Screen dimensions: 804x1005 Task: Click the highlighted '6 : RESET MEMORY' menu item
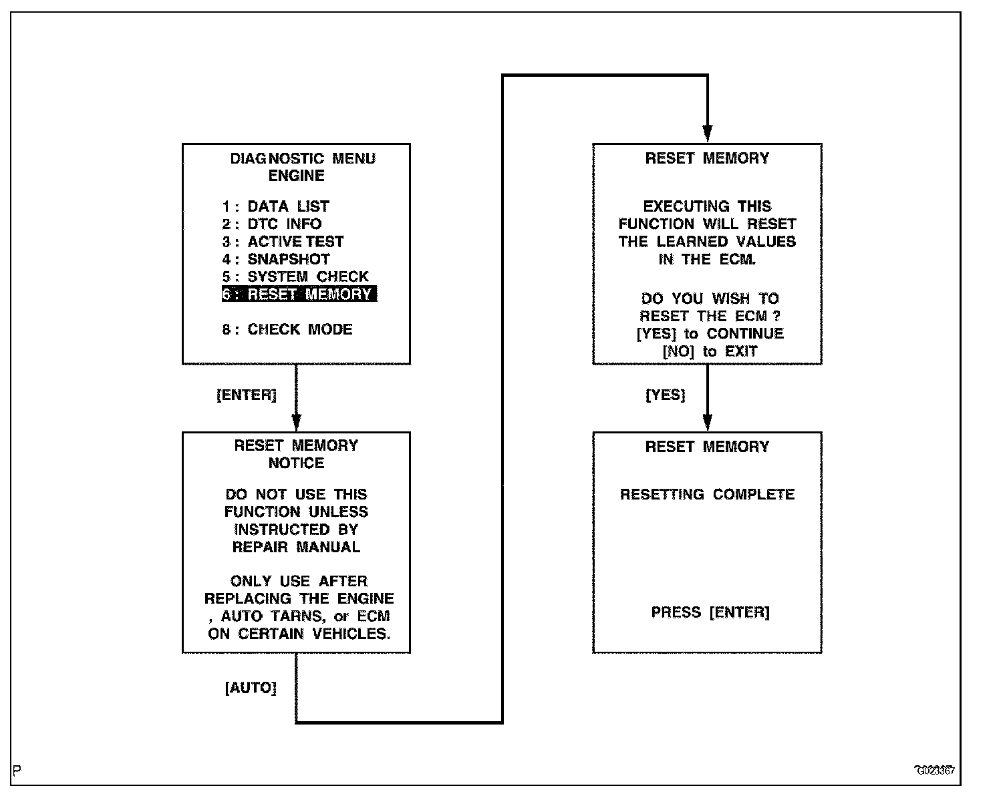click(299, 294)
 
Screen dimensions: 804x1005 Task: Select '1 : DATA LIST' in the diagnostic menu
click(276, 206)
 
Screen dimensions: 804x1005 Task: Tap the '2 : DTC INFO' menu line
click(272, 224)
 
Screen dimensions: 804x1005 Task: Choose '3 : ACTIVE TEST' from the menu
click(283, 242)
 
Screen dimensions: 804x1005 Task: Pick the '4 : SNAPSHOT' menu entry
click(276, 259)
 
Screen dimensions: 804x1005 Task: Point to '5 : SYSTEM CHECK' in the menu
click(295, 276)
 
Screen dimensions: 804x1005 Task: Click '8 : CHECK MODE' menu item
click(287, 329)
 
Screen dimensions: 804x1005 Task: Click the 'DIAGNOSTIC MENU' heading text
click(303, 158)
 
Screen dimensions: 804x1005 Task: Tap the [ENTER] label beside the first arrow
click(247, 395)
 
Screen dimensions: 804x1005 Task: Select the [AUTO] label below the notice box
click(251, 688)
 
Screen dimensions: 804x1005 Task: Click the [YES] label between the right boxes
click(666, 395)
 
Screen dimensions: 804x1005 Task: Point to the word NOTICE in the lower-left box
click(296, 463)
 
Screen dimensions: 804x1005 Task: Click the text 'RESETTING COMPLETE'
click(707, 495)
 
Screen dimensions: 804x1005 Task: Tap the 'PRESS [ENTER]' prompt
click(710, 612)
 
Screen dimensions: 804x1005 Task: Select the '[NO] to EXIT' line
click(710, 351)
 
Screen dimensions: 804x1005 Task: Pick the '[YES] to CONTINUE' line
click(710, 333)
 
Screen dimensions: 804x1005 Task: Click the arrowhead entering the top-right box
click(708, 133)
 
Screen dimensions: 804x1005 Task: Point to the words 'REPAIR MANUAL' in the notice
click(296, 547)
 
